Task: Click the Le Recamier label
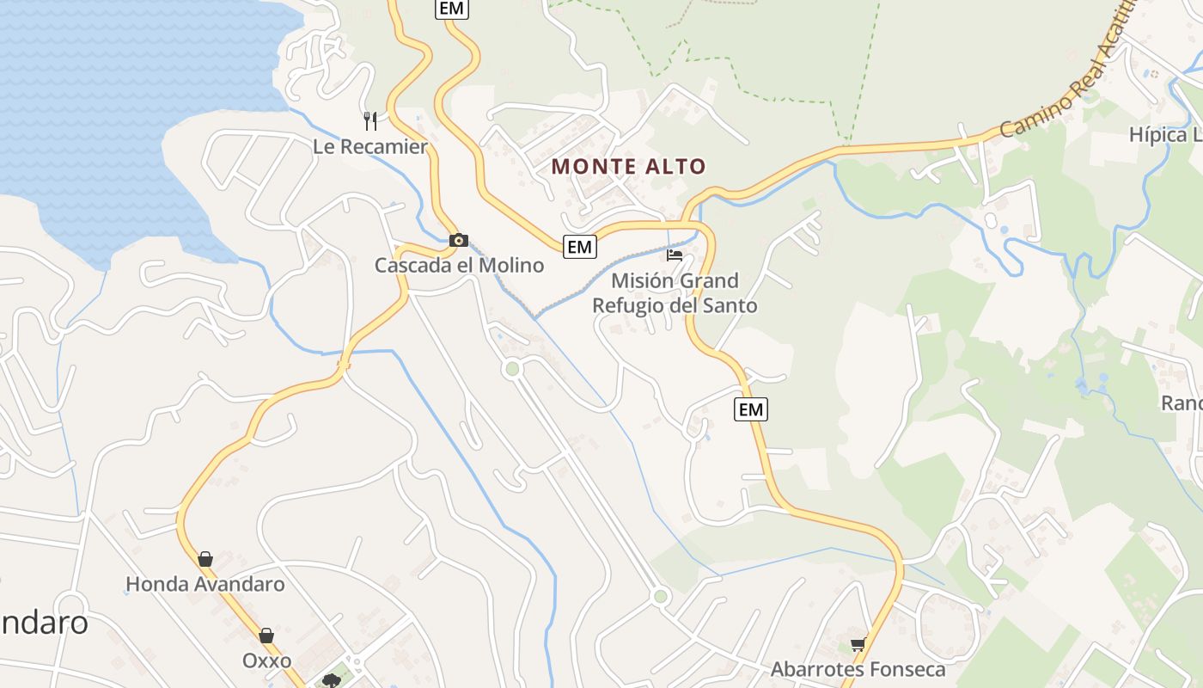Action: click(x=369, y=147)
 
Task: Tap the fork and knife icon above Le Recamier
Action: click(x=370, y=120)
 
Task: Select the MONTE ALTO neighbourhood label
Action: click(x=629, y=167)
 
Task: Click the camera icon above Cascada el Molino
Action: click(x=459, y=240)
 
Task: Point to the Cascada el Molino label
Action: click(x=459, y=265)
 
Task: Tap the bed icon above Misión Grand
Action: click(x=675, y=255)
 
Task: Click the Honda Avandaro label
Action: click(x=205, y=585)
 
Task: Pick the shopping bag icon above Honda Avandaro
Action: click(x=205, y=559)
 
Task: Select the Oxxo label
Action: click(x=266, y=661)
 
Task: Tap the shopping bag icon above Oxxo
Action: click(x=266, y=636)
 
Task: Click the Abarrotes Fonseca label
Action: click(x=858, y=669)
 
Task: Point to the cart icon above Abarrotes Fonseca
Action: click(x=858, y=644)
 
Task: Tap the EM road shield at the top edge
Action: click(x=451, y=9)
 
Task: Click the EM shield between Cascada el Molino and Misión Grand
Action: click(x=580, y=247)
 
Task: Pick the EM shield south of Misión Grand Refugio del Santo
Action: click(x=751, y=409)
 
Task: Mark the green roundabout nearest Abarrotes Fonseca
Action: click(x=660, y=596)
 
